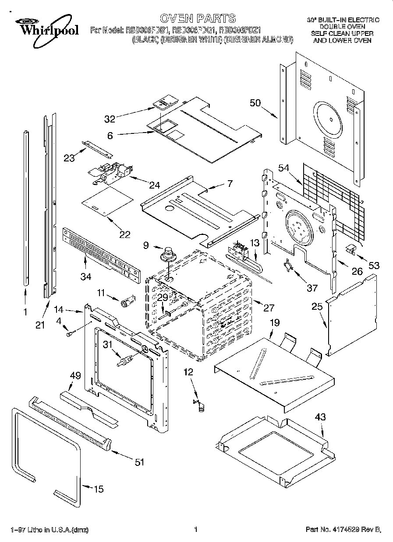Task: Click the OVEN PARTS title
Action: [x=197, y=18]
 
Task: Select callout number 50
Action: [x=255, y=103]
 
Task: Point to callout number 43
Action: [x=320, y=417]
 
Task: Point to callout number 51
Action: [x=139, y=463]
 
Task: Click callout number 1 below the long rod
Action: [x=25, y=312]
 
